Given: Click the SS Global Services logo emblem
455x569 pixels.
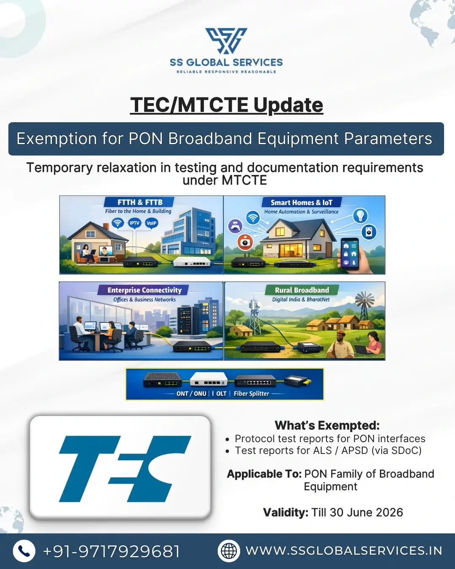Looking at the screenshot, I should point(226,41).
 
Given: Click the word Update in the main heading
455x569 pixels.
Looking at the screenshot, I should point(288,105).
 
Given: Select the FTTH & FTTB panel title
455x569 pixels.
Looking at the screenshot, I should point(140,202).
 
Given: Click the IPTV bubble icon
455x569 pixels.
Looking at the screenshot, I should point(134,223).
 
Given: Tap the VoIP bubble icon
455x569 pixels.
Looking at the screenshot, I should point(151,223).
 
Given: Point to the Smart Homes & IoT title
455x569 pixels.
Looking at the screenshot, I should point(301,203).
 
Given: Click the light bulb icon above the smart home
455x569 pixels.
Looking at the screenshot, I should point(360,215).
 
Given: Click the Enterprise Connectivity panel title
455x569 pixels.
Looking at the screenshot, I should point(144,290).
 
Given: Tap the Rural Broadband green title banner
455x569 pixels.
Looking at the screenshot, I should point(302,290).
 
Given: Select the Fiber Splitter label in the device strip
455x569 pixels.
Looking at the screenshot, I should point(251,394).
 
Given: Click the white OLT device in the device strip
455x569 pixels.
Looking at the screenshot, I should point(209,380).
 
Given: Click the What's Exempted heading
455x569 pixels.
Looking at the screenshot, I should point(327,425).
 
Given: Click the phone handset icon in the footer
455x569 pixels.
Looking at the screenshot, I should point(24,551).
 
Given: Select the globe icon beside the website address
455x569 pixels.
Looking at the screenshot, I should point(229,551).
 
